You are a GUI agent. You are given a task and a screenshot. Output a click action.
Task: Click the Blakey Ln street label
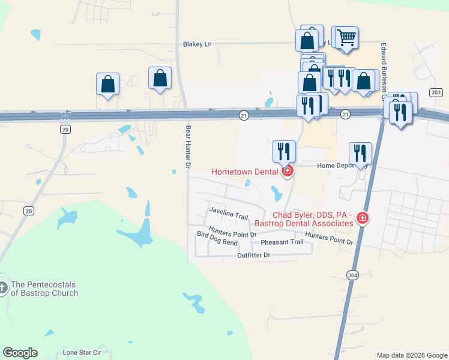point(197,44)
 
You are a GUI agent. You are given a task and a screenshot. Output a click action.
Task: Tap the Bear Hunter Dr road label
point(187,146)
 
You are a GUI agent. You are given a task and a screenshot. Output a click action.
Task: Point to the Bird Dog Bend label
point(217,242)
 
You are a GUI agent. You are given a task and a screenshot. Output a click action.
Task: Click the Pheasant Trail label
point(282,242)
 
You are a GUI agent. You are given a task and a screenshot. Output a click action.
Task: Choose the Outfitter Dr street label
point(255,256)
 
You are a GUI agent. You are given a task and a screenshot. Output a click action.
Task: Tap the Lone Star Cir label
point(82,353)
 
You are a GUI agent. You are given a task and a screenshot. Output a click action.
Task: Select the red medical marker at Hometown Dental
point(288,172)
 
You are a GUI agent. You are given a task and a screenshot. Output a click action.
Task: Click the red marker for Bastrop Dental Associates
point(362,218)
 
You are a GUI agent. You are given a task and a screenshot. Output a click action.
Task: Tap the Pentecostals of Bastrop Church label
point(44,289)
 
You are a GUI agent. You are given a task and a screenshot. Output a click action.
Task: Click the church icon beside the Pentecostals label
point(4,289)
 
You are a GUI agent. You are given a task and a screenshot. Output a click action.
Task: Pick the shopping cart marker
point(347,38)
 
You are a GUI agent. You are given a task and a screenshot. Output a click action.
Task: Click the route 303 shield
point(436,92)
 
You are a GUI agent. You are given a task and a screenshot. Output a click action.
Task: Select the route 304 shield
point(353,274)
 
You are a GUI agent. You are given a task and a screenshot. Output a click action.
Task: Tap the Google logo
point(20,353)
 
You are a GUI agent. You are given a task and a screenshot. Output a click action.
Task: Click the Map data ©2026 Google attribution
point(412,355)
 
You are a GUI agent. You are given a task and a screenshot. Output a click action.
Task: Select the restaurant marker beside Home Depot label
point(360,153)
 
